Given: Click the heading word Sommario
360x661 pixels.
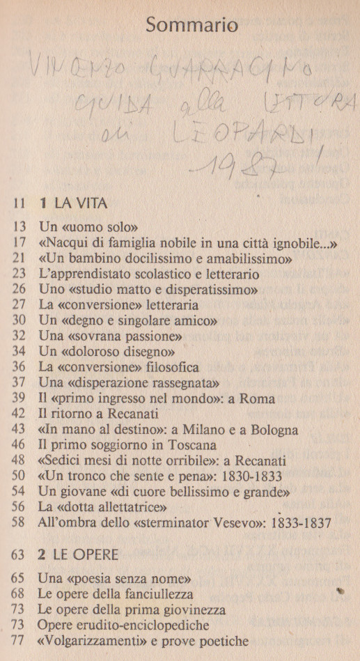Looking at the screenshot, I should click(x=191, y=26).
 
